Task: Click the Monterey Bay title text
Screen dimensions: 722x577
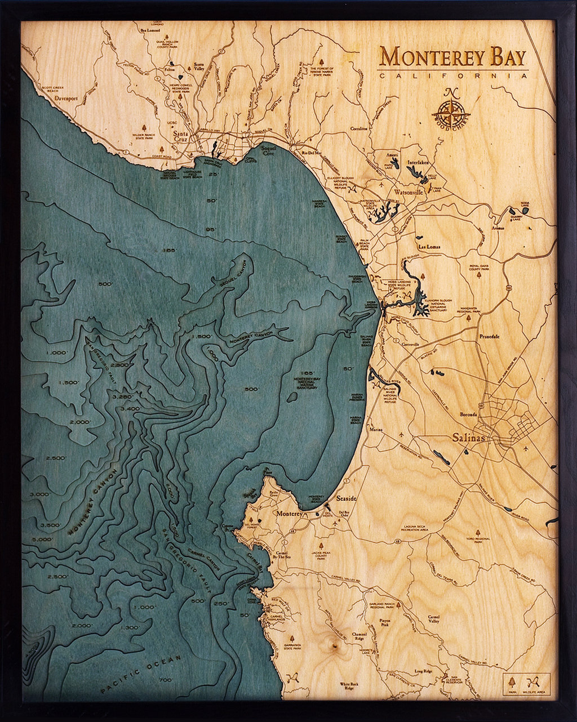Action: (453, 57)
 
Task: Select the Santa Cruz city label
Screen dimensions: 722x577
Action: (182, 137)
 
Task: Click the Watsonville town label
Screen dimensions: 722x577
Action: (409, 193)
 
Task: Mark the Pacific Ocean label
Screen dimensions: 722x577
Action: (141, 674)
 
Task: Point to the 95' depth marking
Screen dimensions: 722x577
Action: (212, 229)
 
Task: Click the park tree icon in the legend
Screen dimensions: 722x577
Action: (512, 679)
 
